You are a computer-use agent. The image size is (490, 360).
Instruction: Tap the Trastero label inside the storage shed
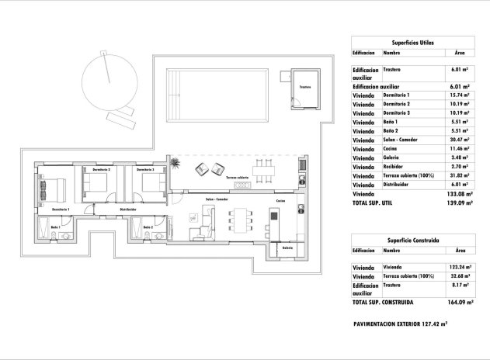point(305,88)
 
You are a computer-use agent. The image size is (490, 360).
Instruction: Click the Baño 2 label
point(147,227)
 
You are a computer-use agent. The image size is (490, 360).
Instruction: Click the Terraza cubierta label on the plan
point(238,178)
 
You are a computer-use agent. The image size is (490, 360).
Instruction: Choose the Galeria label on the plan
point(288,248)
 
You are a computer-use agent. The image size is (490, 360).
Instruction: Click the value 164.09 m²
point(458,302)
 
